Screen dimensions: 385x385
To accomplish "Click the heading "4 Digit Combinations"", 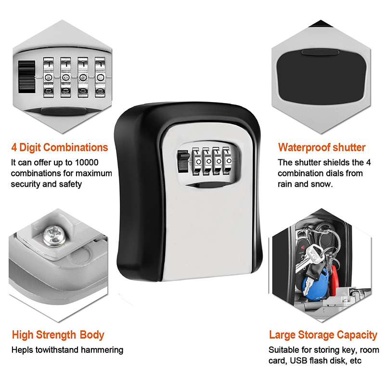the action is (x=60, y=148).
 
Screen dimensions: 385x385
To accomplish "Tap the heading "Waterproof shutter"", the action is (x=321, y=148).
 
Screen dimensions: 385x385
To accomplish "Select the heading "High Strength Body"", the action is (x=58, y=335).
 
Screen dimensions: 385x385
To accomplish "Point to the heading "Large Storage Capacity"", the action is (x=323, y=335).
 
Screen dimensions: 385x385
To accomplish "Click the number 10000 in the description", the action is (x=87, y=162).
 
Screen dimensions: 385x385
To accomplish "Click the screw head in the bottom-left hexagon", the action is (x=54, y=236).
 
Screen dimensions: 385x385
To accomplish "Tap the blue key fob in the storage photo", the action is (x=315, y=285).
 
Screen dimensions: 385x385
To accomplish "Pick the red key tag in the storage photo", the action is (x=334, y=280).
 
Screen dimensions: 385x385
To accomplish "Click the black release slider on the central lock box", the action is (x=183, y=161).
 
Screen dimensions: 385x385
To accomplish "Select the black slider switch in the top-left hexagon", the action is (x=26, y=77).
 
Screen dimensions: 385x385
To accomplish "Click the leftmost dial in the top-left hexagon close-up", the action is (x=49, y=77).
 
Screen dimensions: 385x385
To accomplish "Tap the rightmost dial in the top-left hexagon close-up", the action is (x=100, y=77).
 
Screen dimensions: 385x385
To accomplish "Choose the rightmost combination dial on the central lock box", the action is (x=228, y=161).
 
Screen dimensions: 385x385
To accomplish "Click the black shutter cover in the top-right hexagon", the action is (x=321, y=77).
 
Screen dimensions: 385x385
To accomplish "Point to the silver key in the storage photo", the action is (x=310, y=258).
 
